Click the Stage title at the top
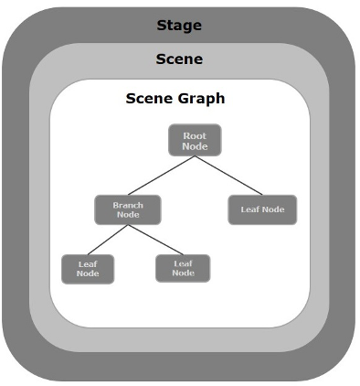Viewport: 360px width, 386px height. [x=179, y=24]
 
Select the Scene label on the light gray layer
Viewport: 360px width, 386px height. [x=179, y=59]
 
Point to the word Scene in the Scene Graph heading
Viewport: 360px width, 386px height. [x=146, y=99]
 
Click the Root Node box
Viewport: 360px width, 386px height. [x=195, y=141]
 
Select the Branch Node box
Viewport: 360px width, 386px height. [x=128, y=209]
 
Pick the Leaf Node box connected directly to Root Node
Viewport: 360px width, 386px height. [x=262, y=209]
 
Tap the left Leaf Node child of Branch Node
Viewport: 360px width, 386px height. [x=88, y=268]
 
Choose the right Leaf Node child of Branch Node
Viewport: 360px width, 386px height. [x=183, y=268]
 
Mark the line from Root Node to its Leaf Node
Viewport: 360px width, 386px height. [x=228, y=175]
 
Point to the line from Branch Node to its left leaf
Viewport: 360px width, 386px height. [x=107, y=240]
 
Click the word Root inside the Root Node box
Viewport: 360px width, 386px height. [x=195, y=135]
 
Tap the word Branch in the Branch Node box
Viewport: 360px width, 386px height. [x=128, y=205]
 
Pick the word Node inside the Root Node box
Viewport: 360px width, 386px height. [x=195, y=146]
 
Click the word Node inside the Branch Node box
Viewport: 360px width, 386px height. [x=128, y=215]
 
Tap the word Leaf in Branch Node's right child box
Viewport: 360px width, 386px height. [x=183, y=263]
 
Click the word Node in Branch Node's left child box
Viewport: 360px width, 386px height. [x=88, y=273]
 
